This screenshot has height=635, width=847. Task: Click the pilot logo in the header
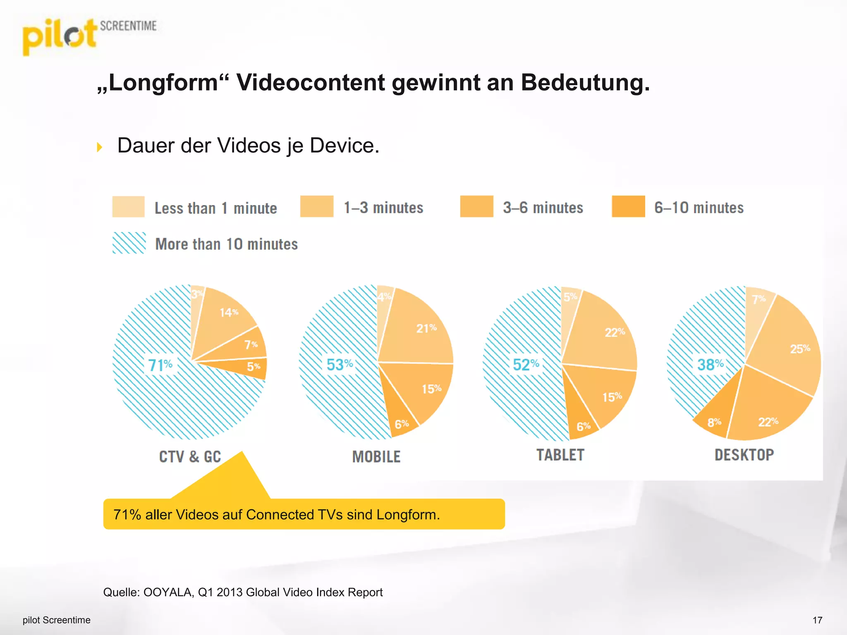(60, 36)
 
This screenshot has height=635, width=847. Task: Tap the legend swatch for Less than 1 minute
(128, 207)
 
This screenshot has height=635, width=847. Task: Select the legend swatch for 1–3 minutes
(317, 206)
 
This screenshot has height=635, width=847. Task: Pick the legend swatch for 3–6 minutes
(476, 206)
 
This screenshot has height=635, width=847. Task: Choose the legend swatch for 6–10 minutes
(628, 206)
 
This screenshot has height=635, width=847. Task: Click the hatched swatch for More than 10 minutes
(129, 243)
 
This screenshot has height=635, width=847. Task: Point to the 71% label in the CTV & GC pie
(160, 365)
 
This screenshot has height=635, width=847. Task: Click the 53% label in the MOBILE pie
(340, 365)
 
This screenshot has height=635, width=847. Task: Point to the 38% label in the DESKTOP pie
(710, 365)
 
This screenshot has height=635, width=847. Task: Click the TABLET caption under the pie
(560, 455)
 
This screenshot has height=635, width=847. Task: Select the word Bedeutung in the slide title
(585, 83)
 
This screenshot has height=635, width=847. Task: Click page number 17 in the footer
(817, 620)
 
